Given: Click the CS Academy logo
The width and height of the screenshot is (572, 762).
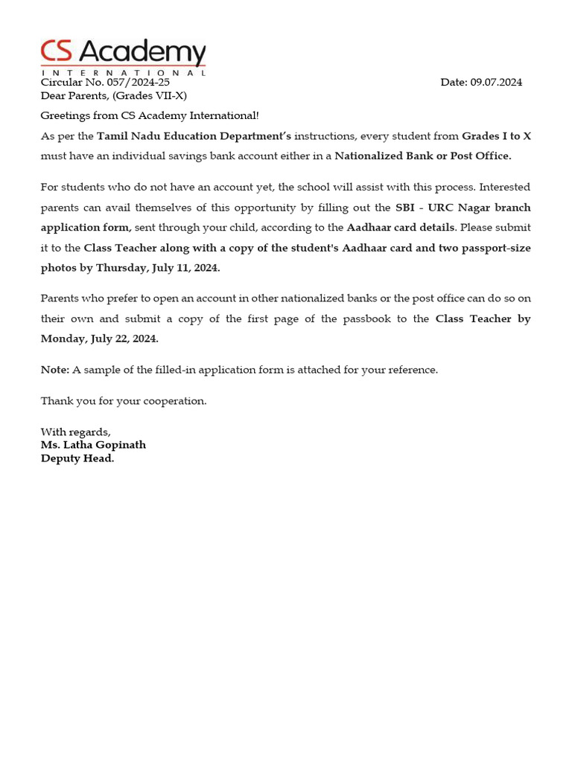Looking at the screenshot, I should (x=123, y=56).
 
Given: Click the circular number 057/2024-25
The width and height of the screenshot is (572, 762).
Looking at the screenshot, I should (x=139, y=83).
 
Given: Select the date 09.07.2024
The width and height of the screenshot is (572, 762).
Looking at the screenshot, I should (x=496, y=83).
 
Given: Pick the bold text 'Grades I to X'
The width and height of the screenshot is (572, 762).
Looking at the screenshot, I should (x=496, y=136).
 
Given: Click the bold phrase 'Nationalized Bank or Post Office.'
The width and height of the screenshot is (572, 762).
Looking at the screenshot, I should (x=423, y=156).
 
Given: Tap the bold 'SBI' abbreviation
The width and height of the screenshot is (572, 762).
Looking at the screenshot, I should (x=404, y=208).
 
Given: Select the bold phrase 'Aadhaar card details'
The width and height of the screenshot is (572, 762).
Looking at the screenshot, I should (x=400, y=228).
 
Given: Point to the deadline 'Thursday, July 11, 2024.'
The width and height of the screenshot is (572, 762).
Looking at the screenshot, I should (x=158, y=268).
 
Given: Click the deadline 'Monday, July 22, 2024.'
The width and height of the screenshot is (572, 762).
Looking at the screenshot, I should (x=99, y=339).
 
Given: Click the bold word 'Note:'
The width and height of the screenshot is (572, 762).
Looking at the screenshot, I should (x=54, y=370).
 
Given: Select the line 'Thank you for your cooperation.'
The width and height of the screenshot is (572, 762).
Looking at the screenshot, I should (x=123, y=401).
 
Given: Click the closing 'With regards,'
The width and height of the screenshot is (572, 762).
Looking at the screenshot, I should (x=75, y=432).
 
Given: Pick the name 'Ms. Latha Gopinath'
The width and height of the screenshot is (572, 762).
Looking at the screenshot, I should (x=93, y=445).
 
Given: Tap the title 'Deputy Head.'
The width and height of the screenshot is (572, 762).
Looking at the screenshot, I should (x=77, y=458).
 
